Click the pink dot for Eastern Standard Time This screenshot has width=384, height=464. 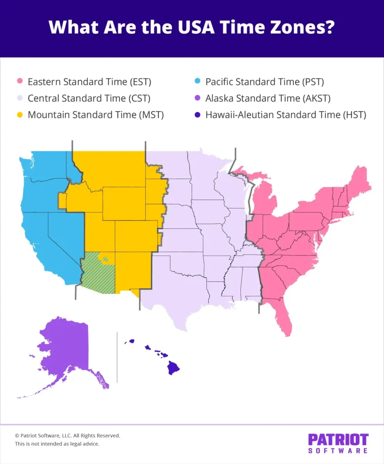pos(19,82)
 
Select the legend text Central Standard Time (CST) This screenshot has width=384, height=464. pos(89,98)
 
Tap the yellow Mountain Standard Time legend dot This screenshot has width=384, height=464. pos(19,115)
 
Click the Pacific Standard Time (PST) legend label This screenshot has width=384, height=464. pos(264,82)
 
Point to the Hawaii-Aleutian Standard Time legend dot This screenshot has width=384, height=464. pos(197,115)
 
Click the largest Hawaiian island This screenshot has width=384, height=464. pos(173,367)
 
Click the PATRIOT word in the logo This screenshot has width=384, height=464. pos(338,440)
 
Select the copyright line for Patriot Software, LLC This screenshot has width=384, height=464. pos(67,435)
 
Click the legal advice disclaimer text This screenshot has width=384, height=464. pos(57,444)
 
